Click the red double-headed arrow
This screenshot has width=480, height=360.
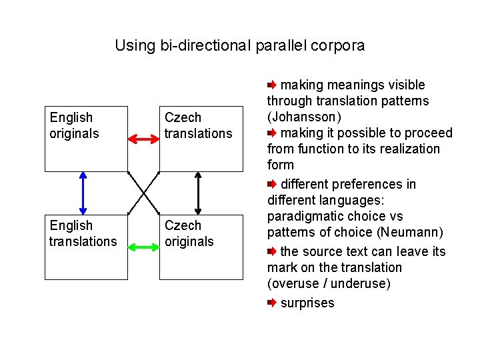[x=143, y=139]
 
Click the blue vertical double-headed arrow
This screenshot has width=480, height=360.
[x=83, y=193]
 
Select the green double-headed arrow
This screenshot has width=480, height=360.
[x=143, y=247]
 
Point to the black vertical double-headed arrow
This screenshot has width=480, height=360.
[x=197, y=193]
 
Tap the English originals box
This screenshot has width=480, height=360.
[x=85, y=139]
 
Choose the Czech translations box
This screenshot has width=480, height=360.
[x=201, y=139]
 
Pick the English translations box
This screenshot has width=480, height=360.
[x=85, y=247]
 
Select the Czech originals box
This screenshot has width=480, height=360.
[x=201, y=247]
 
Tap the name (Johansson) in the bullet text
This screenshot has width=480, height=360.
[x=305, y=117]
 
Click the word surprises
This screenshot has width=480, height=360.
[x=307, y=303]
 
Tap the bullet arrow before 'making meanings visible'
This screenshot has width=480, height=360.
[x=271, y=85]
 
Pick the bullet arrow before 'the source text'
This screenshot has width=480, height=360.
[x=271, y=252]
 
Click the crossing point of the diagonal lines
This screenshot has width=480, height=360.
[x=143, y=193]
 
